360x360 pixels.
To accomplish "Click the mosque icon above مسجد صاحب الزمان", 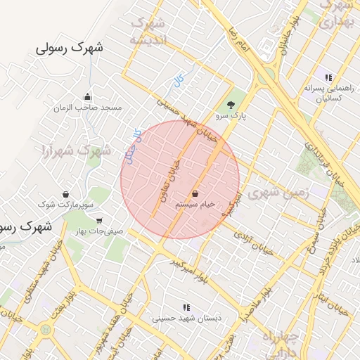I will pyautogui.click(x=87, y=97).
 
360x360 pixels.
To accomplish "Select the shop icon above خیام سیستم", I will pyautogui.click(x=195, y=193).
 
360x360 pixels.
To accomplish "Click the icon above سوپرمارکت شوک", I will pyautogui.click(x=65, y=194).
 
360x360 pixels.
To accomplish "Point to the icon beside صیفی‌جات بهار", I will pyautogui.click(x=98, y=221).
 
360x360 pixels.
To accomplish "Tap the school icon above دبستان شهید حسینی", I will pyautogui.click(x=186, y=307).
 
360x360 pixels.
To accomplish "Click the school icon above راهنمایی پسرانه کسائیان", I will pyautogui.click(x=328, y=77).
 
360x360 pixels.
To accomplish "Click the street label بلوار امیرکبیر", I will pyautogui.click(x=192, y=271).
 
